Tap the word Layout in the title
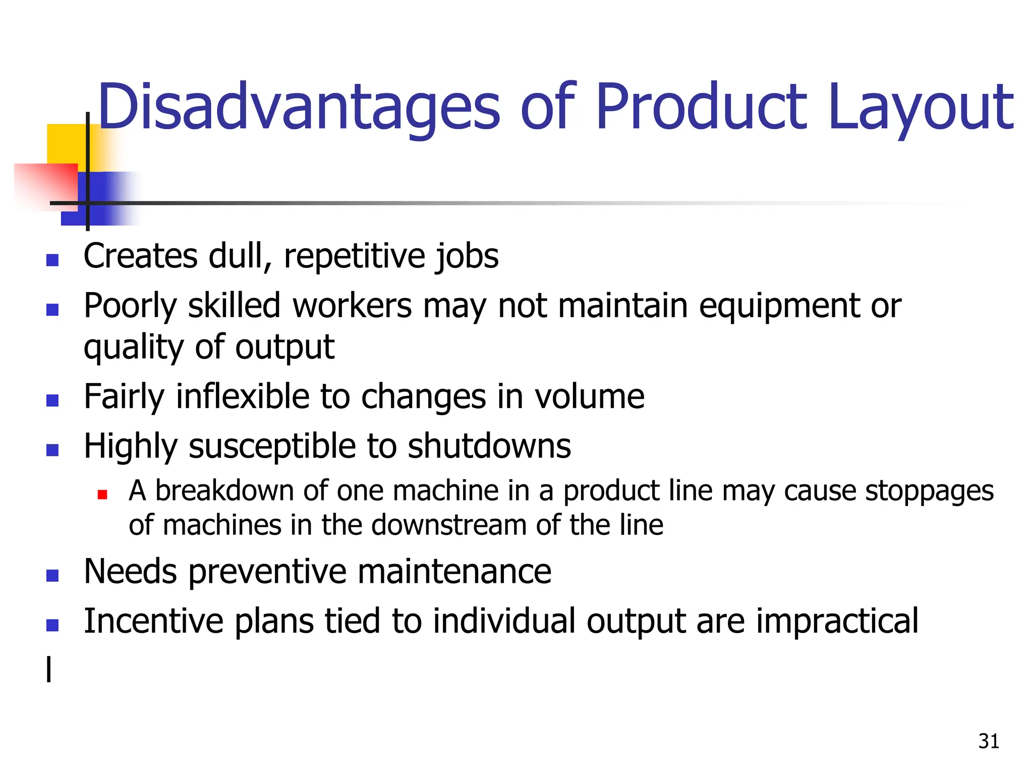(920, 107)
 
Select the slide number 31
(989, 741)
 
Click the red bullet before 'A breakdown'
(102, 494)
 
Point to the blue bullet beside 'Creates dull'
(52, 260)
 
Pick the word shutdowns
(489, 446)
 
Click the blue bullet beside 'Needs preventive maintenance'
(52, 576)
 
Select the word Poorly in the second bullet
(130, 307)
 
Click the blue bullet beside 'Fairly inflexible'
(52, 401)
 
